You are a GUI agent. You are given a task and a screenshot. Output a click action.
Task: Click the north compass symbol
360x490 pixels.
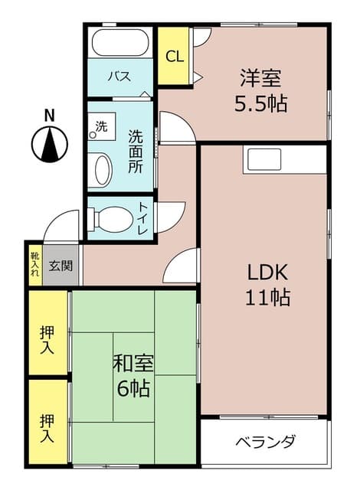[x=49, y=142]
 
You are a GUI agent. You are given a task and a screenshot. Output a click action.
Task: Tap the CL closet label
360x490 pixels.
[x=175, y=57]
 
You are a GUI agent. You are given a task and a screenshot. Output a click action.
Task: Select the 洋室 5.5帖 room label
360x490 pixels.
[x=260, y=90]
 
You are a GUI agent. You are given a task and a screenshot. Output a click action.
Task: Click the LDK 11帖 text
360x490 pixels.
[x=267, y=284]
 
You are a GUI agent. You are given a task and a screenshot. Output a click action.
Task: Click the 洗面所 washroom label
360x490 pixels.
[x=136, y=151]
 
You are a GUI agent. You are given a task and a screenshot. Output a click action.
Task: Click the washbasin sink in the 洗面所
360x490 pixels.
[x=100, y=169]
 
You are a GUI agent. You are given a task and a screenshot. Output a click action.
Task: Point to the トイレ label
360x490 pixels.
[x=143, y=218]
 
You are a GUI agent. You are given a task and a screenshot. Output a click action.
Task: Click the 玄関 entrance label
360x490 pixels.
[x=61, y=266]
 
